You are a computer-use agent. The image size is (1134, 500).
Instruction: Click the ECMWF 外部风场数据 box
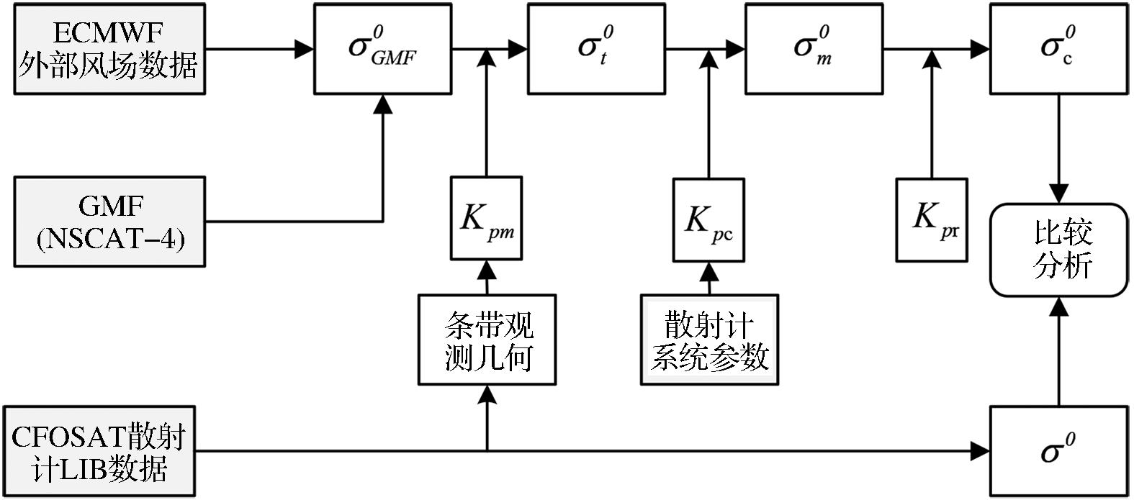[x=109, y=49]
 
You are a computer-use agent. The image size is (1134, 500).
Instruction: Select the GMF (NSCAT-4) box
[x=109, y=222]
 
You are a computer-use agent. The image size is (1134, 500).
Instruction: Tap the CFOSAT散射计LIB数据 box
[x=99, y=452]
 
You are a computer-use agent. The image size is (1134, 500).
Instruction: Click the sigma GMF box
[x=382, y=49]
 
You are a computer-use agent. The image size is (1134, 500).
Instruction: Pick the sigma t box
[x=596, y=49]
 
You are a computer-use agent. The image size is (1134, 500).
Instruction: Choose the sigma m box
[x=814, y=49]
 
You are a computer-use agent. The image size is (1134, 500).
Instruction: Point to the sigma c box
[x=1058, y=49]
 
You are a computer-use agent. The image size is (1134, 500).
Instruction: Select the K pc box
[x=708, y=219]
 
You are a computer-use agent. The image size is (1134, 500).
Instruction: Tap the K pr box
[x=932, y=219]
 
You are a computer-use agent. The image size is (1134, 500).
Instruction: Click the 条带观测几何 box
[x=487, y=339]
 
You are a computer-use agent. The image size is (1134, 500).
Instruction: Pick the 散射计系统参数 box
[x=709, y=339]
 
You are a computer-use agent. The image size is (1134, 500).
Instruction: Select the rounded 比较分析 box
[x=1058, y=250]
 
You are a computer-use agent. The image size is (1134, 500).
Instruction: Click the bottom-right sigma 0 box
[x=1058, y=451]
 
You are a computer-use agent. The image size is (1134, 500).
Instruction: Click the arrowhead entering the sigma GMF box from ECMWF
[x=305, y=49]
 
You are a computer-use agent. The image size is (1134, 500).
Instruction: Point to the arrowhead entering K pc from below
[x=709, y=271]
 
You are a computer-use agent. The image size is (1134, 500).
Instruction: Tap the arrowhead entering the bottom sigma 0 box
[x=981, y=451]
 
